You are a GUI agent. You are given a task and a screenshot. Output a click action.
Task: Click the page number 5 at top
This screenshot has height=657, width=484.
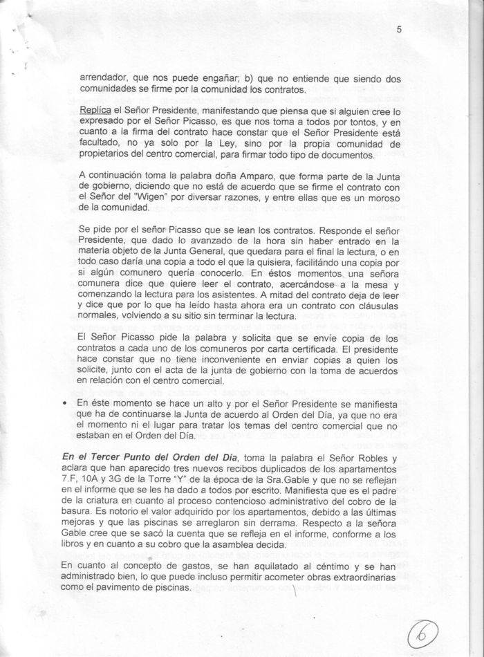point(400,30)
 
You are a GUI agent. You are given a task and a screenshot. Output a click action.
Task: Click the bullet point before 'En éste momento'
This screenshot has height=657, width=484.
point(64,404)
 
